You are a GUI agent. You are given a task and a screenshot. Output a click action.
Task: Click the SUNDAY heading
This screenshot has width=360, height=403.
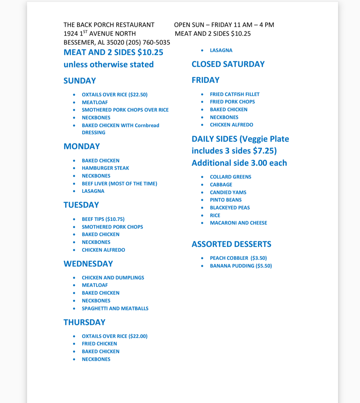[x=80, y=81]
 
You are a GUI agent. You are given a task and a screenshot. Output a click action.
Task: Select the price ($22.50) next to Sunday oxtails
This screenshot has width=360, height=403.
[x=138, y=95]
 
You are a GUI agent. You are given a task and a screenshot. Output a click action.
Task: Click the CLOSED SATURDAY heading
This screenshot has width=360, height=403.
[x=228, y=64]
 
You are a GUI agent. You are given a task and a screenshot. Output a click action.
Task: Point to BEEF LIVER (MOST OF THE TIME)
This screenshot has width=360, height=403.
[x=119, y=183]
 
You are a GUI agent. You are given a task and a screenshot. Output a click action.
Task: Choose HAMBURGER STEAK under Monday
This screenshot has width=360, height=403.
[x=105, y=168]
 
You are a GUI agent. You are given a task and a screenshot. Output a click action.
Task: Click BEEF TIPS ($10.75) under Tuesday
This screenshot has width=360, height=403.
[x=103, y=219]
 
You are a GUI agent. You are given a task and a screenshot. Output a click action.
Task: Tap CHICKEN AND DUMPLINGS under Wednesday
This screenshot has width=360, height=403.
[x=113, y=277]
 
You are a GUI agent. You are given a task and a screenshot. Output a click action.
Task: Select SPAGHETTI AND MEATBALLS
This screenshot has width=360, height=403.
[x=115, y=308]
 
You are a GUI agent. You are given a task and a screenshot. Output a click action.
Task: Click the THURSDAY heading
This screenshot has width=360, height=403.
[x=85, y=322]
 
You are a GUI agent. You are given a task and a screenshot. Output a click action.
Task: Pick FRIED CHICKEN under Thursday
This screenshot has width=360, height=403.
[x=99, y=343]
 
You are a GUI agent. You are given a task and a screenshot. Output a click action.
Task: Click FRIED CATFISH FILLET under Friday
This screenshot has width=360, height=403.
[x=235, y=94]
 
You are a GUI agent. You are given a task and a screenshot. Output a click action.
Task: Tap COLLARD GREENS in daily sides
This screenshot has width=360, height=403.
[x=231, y=177]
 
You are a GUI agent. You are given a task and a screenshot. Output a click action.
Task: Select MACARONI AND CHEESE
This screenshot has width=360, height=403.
[x=238, y=223]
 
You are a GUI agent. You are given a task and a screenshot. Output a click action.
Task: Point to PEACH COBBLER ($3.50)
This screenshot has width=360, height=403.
[x=238, y=258]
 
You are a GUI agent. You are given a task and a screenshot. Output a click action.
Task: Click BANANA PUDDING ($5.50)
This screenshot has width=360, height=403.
[x=241, y=266]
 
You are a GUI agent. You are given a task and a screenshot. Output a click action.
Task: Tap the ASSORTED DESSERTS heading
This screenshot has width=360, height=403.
[x=231, y=244]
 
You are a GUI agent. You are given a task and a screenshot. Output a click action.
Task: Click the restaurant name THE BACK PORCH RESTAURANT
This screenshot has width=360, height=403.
[x=109, y=25]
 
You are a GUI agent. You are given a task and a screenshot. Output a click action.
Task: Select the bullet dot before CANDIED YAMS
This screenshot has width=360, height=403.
[x=202, y=192]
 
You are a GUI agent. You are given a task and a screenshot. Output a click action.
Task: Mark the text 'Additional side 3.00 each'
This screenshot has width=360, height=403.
[x=239, y=163]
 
